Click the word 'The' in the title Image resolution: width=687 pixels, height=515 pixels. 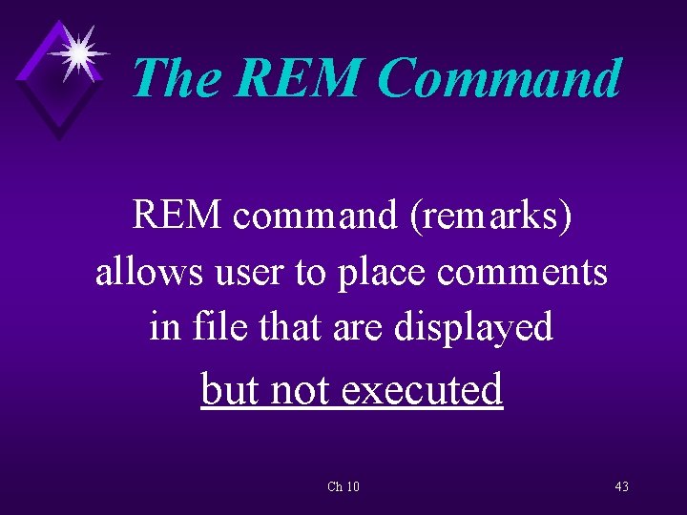(176, 77)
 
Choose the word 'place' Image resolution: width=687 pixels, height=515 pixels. (379, 274)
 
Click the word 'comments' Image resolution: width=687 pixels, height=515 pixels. (522, 272)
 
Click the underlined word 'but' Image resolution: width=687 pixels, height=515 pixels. (231, 389)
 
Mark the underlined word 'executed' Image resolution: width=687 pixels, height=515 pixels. (422, 389)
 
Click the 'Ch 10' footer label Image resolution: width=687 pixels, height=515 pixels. (343, 487)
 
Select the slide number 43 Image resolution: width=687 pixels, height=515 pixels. (621, 487)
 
